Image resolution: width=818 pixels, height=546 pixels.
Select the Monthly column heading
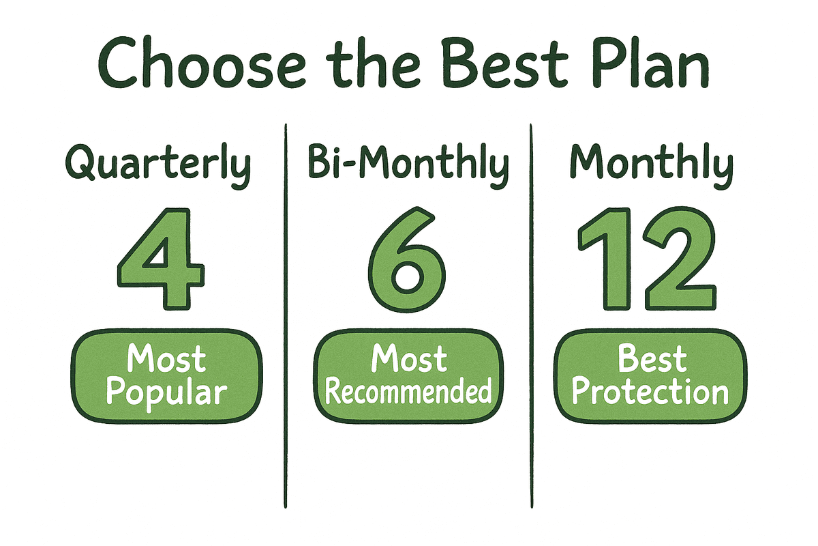point(652,166)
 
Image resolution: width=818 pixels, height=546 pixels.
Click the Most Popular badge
point(167,375)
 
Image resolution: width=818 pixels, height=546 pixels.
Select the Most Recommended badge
point(408,375)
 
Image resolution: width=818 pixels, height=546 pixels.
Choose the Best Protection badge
point(650,375)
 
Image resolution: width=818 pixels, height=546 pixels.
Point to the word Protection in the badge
point(650,392)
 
